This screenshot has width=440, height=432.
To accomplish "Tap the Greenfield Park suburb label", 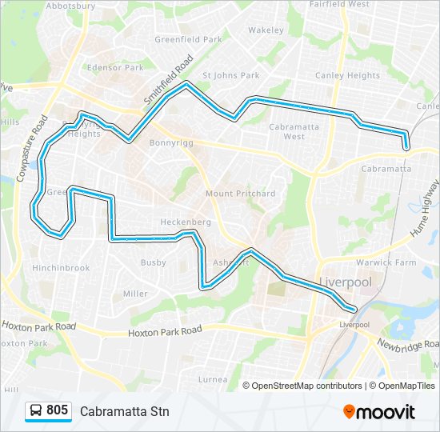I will click(188, 38).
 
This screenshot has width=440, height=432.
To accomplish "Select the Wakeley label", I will click(266, 30).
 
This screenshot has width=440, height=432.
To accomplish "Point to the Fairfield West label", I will click(339, 4).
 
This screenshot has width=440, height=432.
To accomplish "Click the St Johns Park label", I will click(231, 76).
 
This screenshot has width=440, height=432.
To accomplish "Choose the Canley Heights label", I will click(348, 76).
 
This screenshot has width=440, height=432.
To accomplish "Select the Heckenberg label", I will click(185, 222).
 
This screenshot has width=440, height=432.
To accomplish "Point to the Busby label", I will click(153, 262).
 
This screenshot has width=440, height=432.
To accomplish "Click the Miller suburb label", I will click(134, 294).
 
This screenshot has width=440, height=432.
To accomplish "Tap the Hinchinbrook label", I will click(61, 268).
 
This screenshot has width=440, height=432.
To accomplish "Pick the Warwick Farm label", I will click(386, 262).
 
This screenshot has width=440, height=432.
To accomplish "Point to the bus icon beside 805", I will click(36, 411).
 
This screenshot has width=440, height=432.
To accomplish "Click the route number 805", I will click(58, 410).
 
